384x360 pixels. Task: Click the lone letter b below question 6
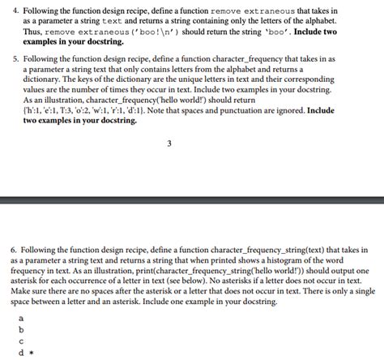point(21,330)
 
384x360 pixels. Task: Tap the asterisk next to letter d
point(30,354)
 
